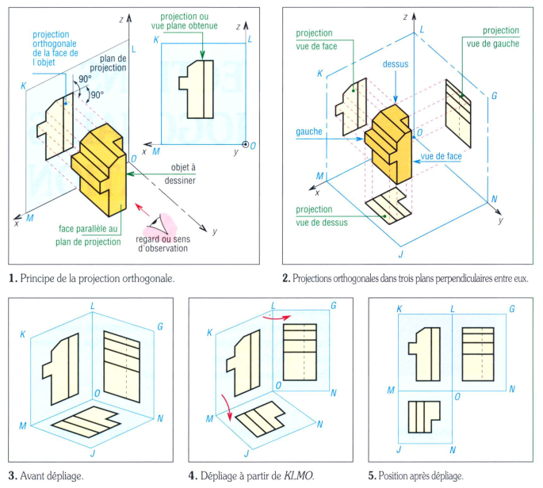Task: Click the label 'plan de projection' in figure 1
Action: tap(113, 63)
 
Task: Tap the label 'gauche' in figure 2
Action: tap(308, 132)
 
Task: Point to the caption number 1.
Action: tap(12, 279)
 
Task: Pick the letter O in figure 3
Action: tap(96, 393)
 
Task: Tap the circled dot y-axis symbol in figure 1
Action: tap(246, 145)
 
